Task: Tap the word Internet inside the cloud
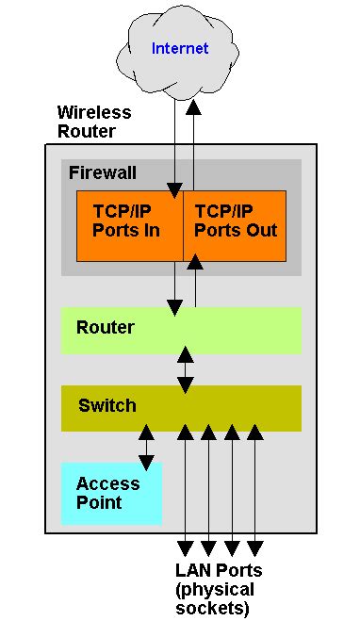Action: tap(180, 48)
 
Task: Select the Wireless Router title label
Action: tap(94, 122)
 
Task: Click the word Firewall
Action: tap(103, 172)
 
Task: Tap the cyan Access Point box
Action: tap(111, 493)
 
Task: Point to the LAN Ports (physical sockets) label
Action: tap(219, 588)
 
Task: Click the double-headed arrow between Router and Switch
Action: tap(186, 368)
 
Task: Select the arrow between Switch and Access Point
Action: tap(146, 448)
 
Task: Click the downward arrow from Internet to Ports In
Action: tap(174, 141)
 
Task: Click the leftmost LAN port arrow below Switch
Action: tap(186, 490)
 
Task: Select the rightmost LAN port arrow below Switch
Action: tap(254, 490)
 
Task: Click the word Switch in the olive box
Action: tap(106, 406)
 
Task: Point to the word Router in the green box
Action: tap(105, 328)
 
